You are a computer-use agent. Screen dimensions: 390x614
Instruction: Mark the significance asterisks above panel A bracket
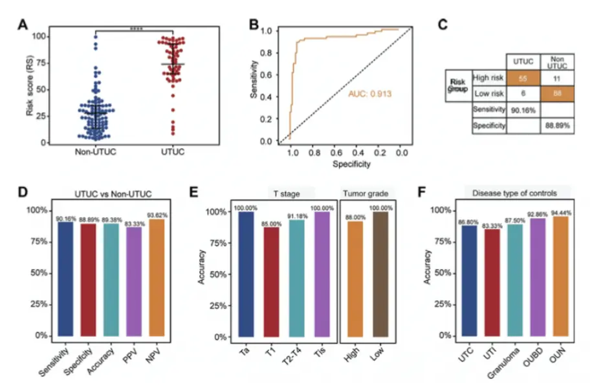[136, 28]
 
